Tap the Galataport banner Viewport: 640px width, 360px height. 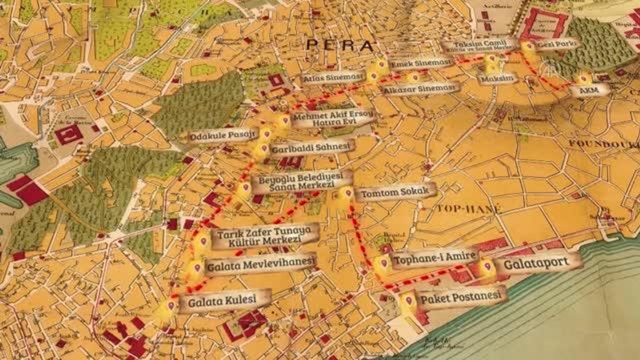[x=538, y=263]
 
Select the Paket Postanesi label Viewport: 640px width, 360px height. [x=460, y=297]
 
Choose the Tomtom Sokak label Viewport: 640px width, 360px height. [x=395, y=191]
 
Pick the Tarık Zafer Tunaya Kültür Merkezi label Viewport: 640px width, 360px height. [x=265, y=235]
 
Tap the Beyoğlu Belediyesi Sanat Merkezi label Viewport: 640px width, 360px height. [x=301, y=182]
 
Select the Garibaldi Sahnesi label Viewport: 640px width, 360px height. [x=312, y=148]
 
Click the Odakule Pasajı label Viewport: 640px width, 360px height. [x=223, y=135]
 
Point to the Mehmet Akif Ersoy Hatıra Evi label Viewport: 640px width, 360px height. [x=332, y=118]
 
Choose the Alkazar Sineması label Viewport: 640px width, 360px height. [x=420, y=88]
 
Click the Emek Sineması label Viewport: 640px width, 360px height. [x=421, y=63]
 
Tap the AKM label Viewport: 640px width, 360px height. [x=590, y=90]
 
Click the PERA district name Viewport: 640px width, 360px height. [x=340, y=45]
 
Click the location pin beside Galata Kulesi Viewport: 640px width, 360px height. [x=171, y=305]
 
